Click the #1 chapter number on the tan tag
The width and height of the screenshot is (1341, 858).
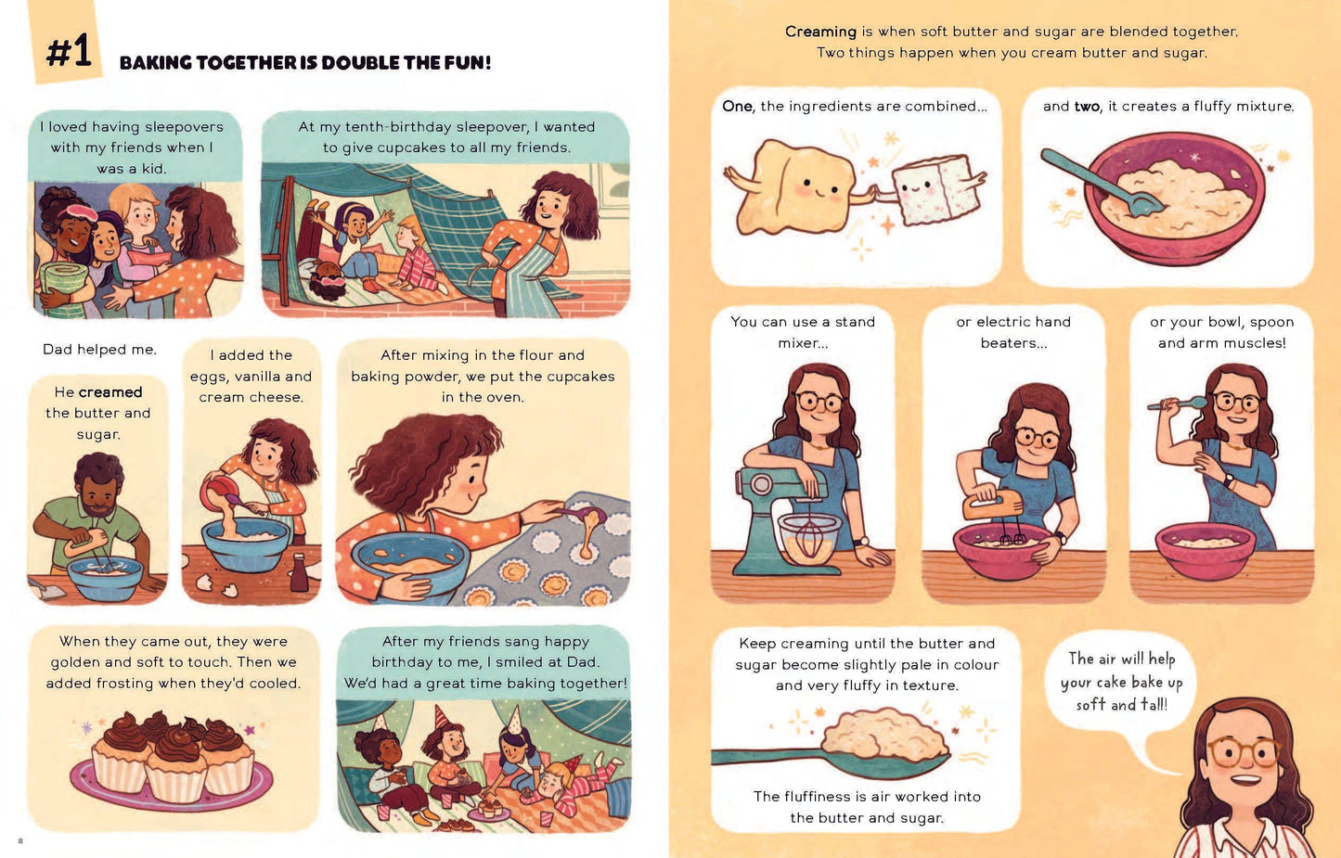click(x=69, y=51)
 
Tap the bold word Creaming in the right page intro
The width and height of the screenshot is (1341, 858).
click(x=820, y=32)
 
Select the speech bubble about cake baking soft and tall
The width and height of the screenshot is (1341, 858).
click(x=1118, y=682)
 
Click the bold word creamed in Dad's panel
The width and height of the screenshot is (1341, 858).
click(x=110, y=392)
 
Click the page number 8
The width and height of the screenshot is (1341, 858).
click(x=20, y=840)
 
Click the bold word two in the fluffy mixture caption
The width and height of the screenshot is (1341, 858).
click(x=1088, y=107)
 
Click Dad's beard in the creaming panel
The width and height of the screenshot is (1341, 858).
click(x=100, y=509)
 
